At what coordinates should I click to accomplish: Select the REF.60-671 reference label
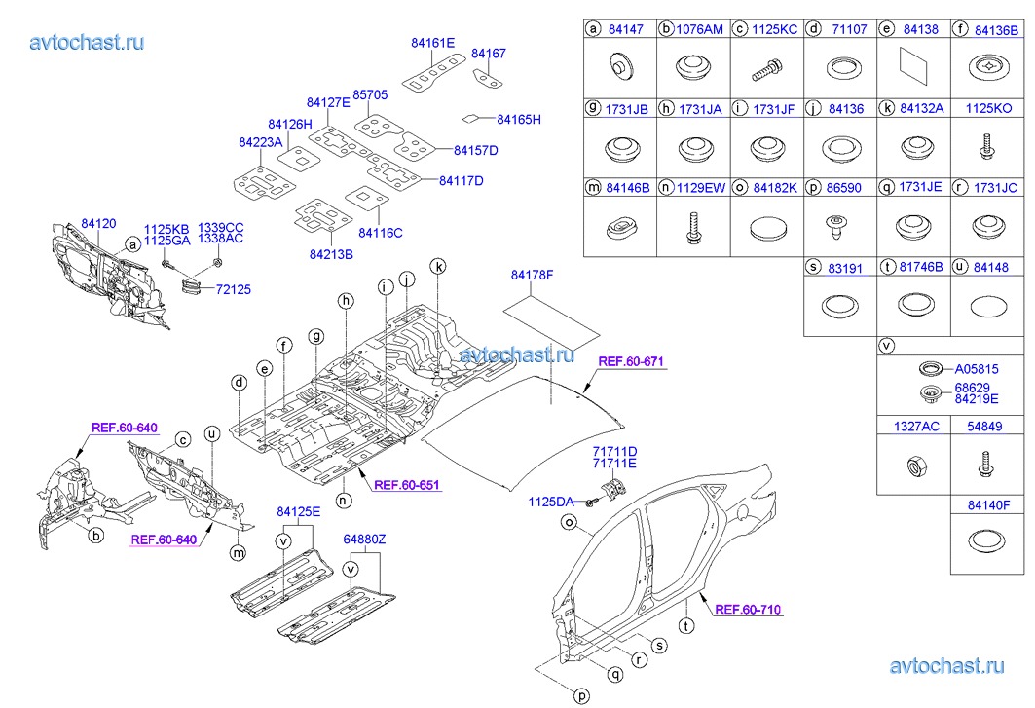[x=630, y=361]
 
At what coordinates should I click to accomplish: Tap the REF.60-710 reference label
[x=748, y=610]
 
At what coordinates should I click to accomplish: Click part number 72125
[x=235, y=290]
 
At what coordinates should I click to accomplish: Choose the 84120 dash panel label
[x=98, y=224]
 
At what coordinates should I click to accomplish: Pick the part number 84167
[x=489, y=54]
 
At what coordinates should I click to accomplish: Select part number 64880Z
[x=364, y=539]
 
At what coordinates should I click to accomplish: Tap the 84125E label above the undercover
[x=298, y=511]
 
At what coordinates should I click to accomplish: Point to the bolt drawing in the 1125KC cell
[x=766, y=69]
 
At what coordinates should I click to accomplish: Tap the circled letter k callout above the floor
[x=438, y=266]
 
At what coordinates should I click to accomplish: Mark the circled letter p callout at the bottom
[x=581, y=695]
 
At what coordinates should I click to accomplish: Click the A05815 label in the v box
[x=977, y=370]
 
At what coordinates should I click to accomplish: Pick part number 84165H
[x=518, y=120]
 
